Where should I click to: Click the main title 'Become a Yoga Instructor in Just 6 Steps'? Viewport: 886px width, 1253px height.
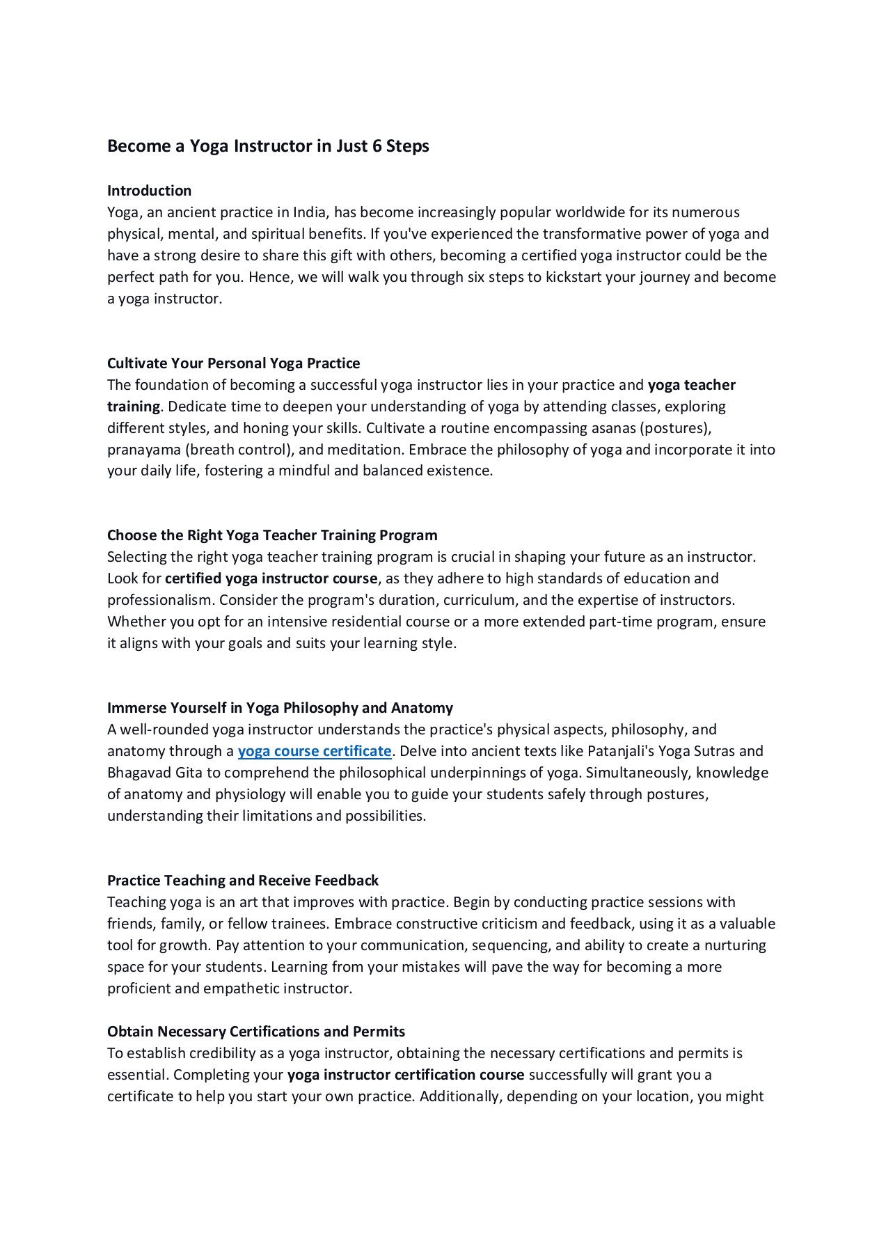pos(268,146)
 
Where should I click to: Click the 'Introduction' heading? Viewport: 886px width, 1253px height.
pos(149,191)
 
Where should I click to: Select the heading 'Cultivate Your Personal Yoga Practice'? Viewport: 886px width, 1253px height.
pos(233,363)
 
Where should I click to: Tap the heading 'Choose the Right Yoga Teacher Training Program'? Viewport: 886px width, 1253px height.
pos(272,535)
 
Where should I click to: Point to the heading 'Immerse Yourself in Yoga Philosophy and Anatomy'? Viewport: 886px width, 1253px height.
pos(280,708)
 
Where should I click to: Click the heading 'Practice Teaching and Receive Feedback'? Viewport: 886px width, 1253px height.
pos(243,881)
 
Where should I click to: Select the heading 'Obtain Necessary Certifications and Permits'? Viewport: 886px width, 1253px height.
pos(256,1032)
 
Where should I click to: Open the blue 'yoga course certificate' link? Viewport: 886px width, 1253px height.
pos(315,751)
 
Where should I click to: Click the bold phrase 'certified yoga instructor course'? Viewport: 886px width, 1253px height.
pos(271,578)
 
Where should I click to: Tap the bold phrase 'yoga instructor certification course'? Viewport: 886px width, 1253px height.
pos(406,1075)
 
